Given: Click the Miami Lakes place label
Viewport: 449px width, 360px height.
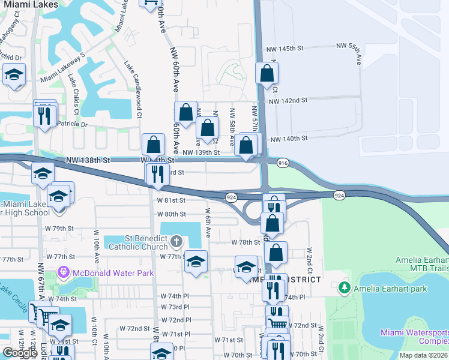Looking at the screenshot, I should [x=29, y=4].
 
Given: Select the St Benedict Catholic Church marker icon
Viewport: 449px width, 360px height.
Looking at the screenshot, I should [x=176, y=242].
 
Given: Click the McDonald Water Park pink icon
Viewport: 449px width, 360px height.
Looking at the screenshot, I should [x=64, y=273].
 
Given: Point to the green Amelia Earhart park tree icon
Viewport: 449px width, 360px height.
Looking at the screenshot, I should [x=344, y=289].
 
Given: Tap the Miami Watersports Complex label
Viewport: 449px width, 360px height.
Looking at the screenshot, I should [x=414, y=337].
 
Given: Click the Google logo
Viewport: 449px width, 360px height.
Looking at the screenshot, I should [x=20, y=352].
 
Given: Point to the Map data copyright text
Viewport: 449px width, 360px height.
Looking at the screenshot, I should [x=423, y=355].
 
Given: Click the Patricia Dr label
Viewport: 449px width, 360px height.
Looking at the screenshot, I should [x=72, y=124].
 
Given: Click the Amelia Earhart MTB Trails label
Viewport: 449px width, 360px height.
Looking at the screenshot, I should [x=421, y=265].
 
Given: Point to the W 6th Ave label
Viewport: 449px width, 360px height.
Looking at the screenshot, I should [x=208, y=223].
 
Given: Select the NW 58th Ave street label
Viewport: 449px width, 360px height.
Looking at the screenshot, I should [x=232, y=127].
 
